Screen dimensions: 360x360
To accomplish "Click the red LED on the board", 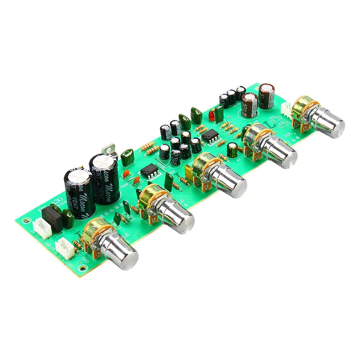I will (211, 117).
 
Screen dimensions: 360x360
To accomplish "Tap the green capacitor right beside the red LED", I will (219, 115).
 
